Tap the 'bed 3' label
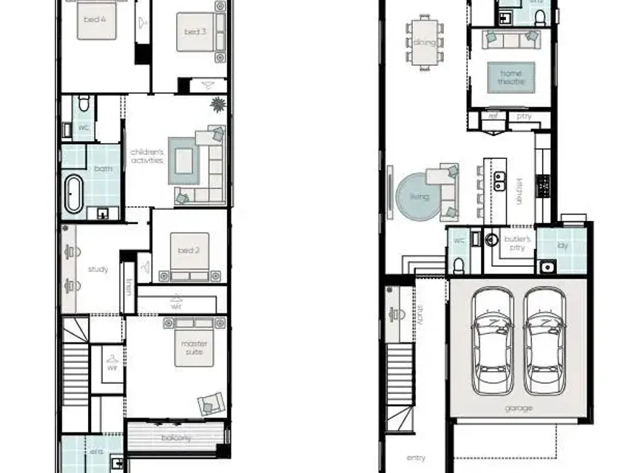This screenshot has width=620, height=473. coord(195,32)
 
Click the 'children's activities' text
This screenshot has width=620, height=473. coord(146,155)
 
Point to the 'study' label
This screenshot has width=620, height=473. coord(98,270)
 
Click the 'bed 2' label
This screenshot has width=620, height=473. coord(188,251)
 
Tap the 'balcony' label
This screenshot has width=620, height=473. coord(177,438)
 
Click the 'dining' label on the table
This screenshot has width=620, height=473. coord(425,42)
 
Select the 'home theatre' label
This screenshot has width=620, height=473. coord(511,77)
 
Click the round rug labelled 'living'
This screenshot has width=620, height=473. coord(419,197)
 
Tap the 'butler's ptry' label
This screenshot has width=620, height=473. coord(517,244)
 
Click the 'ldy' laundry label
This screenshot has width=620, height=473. coord(562,244)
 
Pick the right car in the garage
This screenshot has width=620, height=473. coord(545,340)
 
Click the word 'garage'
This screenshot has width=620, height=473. coord(518,407)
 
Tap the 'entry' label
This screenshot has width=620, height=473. coord(417,458)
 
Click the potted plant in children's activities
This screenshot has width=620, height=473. coord(218,104)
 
